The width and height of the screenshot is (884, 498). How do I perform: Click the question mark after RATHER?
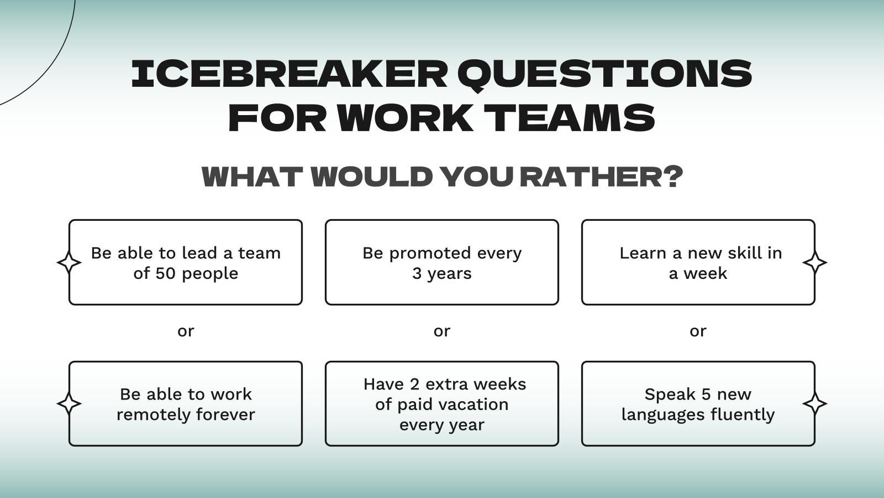pos(672,177)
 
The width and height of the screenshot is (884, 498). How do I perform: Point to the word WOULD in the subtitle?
pos(372,177)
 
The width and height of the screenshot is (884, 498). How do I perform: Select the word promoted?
pos(423,253)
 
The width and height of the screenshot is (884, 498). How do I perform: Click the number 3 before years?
pos(417,273)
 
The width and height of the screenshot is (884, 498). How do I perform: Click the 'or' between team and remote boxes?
pos(186,331)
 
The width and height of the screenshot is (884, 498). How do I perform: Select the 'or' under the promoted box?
pos(442,331)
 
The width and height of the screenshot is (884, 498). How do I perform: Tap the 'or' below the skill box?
pos(698,331)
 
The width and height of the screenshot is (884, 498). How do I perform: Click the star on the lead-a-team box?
pos(69,262)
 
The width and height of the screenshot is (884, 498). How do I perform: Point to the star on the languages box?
pos(814,403)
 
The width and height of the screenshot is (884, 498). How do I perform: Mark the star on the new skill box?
pos(814,262)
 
